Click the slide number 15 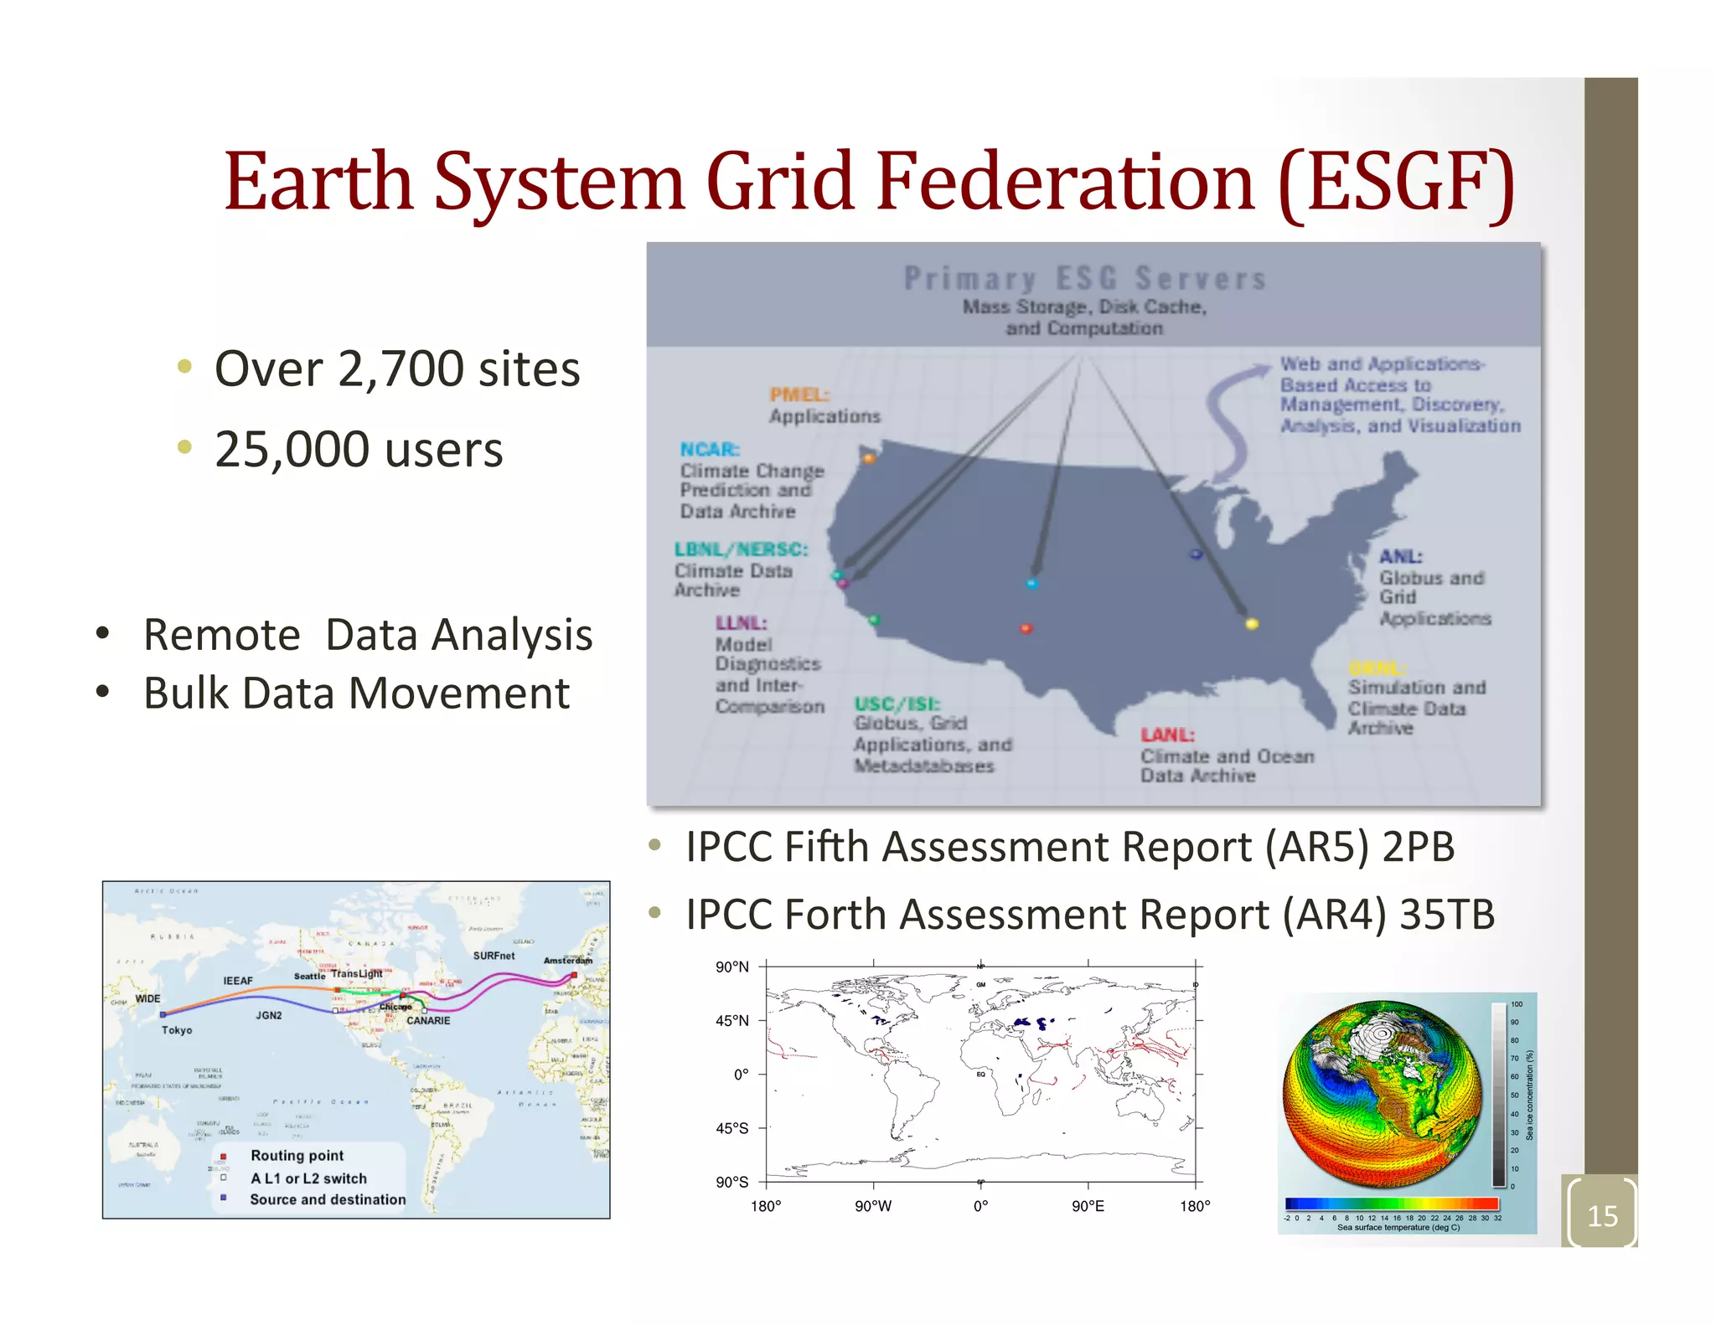click(x=1602, y=1215)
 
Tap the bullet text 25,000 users click(x=359, y=450)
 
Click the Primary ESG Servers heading click(x=1084, y=278)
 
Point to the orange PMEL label click(x=799, y=394)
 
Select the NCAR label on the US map click(x=709, y=450)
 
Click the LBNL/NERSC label click(x=741, y=549)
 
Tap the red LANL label click(x=1166, y=735)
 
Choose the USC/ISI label click(x=897, y=704)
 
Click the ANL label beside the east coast click(x=1400, y=557)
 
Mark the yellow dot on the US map click(x=1252, y=623)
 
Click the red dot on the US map click(x=1026, y=628)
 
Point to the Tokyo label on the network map click(x=177, y=1030)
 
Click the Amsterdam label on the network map click(x=567, y=961)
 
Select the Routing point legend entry click(x=297, y=1156)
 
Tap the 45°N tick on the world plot click(x=731, y=1021)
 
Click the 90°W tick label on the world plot click(x=873, y=1207)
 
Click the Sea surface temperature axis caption click(x=1398, y=1228)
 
